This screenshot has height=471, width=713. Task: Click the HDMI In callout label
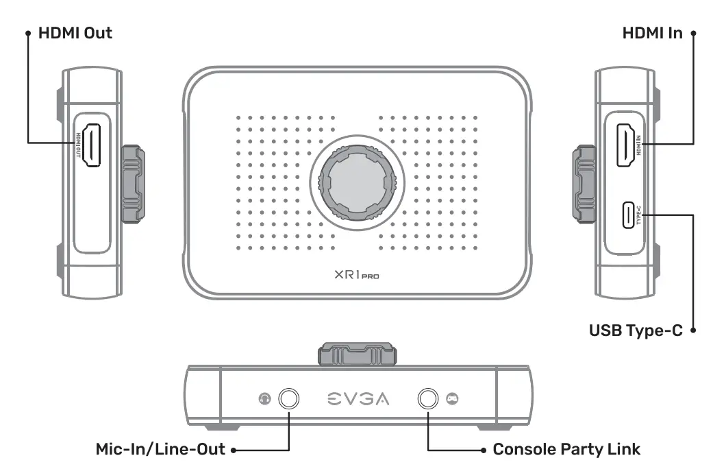(651, 33)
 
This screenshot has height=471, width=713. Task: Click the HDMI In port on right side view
(625, 144)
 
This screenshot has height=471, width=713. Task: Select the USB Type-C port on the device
(627, 215)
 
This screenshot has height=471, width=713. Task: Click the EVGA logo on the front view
(358, 399)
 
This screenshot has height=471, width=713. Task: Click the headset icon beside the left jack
(264, 399)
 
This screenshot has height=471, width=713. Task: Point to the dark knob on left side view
(134, 183)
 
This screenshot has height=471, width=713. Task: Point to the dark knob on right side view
(584, 183)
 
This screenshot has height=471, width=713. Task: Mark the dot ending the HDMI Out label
(27, 33)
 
